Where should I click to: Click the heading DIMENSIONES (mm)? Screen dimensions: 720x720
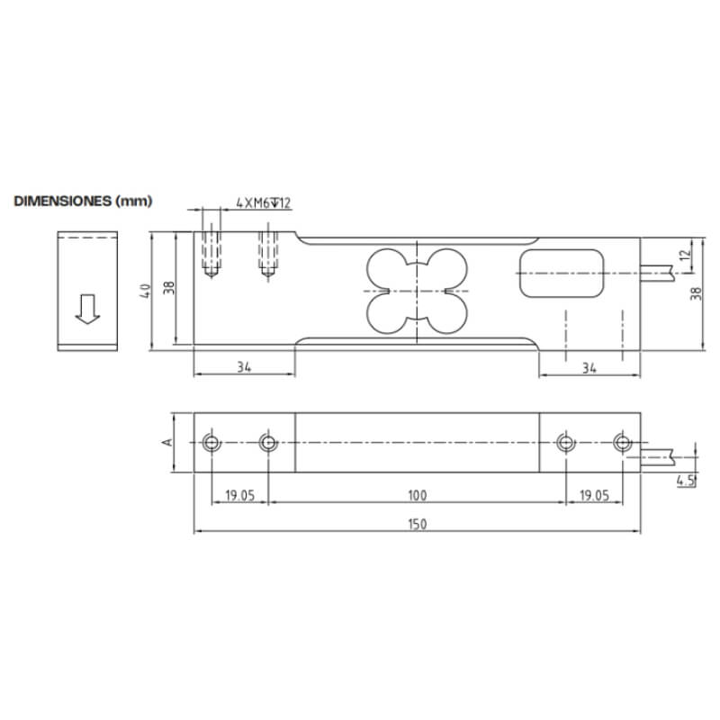[x=83, y=201]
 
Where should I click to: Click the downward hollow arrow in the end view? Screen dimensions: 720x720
[x=87, y=309]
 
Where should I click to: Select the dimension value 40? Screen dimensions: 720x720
[x=145, y=291]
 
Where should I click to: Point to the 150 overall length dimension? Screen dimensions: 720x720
[x=417, y=524]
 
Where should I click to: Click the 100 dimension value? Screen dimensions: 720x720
[x=417, y=496]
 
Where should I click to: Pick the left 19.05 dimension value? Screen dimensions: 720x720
[x=239, y=496]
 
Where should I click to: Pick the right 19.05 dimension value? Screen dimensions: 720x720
[x=594, y=496]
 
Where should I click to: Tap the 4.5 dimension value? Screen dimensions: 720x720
[x=686, y=481]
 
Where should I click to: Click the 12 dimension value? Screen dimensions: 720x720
[x=685, y=255]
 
